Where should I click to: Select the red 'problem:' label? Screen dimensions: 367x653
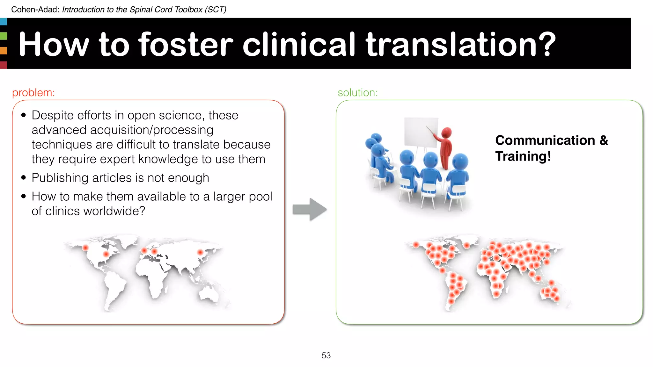pos(33,93)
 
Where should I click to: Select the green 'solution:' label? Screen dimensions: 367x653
pos(357,93)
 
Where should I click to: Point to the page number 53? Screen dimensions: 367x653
pos(326,355)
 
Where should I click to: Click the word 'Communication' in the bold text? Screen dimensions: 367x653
pos(545,140)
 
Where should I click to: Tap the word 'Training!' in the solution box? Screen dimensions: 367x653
pos(523,156)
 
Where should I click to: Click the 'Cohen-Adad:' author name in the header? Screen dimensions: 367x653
pos(35,10)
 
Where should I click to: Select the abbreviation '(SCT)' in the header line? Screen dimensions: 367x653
pos(216,10)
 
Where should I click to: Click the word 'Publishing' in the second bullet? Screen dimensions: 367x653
pos(60,178)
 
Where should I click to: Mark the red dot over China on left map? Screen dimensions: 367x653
pos(200,252)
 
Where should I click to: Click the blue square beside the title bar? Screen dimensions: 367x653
pos(3,22)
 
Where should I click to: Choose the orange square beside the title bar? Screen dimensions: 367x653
pos(3,50)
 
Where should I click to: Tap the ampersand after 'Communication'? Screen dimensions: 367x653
pos(604,140)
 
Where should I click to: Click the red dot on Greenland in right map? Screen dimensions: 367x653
pos(467,245)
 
